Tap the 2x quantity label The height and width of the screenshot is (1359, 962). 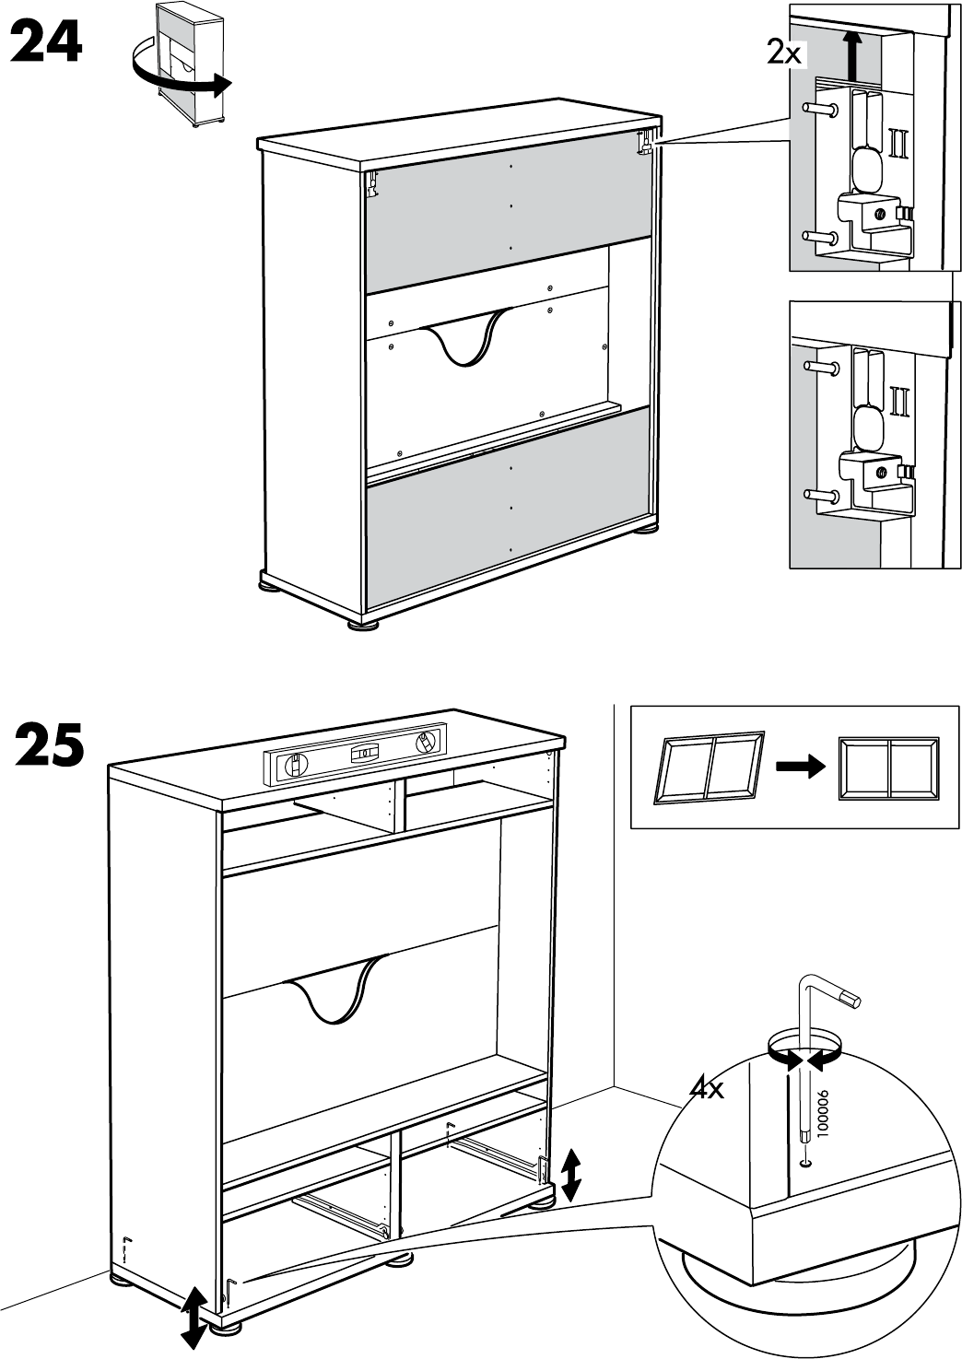(x=784, y=53)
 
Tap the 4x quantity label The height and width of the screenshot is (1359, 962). (x=708, y=1090)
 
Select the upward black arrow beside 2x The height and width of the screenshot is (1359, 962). (x=853, y=54)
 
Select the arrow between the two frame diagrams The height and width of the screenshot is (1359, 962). (x=798, y=766)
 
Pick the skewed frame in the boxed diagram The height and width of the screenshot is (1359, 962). (x=708, y=767)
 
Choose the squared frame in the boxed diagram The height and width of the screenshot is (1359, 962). (x=888, y=767)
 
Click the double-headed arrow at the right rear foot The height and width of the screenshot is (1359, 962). (x=571, y=1175)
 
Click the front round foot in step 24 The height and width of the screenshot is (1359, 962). (x=363, y=624)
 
